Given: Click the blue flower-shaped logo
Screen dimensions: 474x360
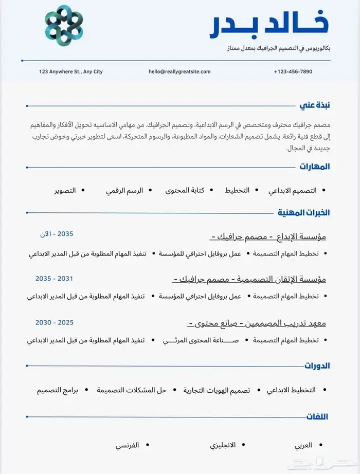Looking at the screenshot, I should pyautogui.click(x=64, y=26).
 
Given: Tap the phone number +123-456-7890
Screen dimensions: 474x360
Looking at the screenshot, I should pyautogui.click(x=293, y=71).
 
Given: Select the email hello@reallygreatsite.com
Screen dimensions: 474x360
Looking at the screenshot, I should pyautogui.click(x=179, y=71).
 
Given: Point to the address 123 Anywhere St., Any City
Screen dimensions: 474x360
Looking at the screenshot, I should pyautogui.click(x=71, y=71).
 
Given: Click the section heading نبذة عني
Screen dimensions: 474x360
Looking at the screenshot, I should pyautogui.click(x=315, y=105).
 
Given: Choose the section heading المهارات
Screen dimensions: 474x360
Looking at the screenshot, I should pyautogui.click(x=315, y=167).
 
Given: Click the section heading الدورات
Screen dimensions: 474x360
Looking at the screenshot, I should pyautogui.click(x=317, y=366).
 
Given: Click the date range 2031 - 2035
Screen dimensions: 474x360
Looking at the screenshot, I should pyautogui.click(x=54, y=278).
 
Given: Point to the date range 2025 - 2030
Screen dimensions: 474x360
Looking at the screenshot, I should pyautogui.click(x=54, y=322).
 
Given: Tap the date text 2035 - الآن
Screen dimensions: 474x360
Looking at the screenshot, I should pyautogui.click(x=57, y=234).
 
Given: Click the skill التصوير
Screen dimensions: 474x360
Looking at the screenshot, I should pyautogui.click(x=65, y=190).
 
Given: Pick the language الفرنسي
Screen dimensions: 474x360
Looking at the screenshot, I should pyautogui.click(x=127, y=445).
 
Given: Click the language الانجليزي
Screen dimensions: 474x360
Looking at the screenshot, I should pyautogui.click(x=223, y=445).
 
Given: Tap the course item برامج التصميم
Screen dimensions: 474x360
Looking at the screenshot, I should pyautogui.click(x=57, y=390).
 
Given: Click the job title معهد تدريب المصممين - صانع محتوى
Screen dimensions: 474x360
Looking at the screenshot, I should pyautogui.click(x=257, y=323).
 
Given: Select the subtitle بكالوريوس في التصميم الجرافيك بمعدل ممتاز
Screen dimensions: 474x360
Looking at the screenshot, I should pyautogui.click(x=279, y=48).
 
